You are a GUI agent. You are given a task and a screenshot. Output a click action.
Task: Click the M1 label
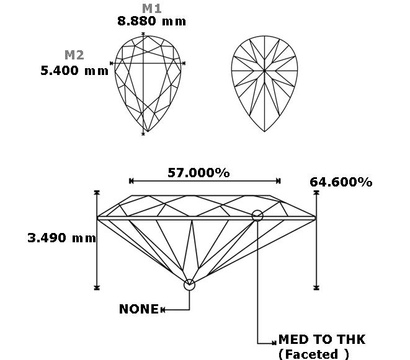[x=152, y=8]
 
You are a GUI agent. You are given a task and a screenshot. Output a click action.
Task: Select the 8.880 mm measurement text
[x=152, y=21]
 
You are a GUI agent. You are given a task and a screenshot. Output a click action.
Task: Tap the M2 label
[x=74, y=55]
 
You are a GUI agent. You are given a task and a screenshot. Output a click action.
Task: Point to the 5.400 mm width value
[x=74, y=71]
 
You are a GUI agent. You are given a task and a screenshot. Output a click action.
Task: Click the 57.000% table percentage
[x=198, y=173]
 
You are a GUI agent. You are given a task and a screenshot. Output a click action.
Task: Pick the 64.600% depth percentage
[x=341, y=182]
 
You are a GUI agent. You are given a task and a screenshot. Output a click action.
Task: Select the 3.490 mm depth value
[x=61, y=239]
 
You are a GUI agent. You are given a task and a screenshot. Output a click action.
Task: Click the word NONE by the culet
[x=139, y=309]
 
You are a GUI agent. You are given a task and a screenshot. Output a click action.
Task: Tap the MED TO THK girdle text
[x=322, y=340]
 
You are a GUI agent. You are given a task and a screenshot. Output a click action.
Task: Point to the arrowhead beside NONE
[x=163, y=310]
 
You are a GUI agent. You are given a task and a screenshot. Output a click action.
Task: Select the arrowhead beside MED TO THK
[x=274, y=343]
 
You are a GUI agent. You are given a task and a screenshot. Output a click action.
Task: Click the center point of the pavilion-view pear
[x=264, y=71]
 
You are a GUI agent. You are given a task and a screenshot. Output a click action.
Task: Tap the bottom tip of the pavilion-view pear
[x=264, y=131]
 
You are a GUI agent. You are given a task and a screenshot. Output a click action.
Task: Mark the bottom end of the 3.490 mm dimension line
[x=97, y=288]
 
